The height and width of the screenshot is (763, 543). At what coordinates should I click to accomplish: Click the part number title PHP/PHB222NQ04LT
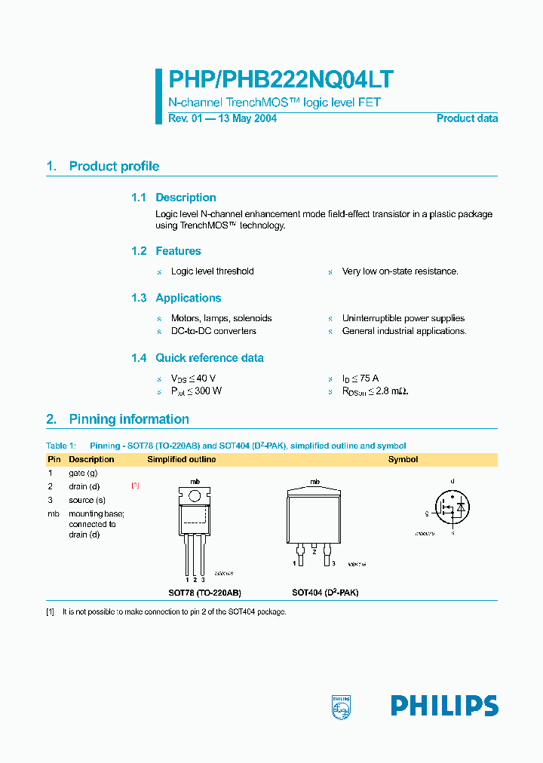[280, 81]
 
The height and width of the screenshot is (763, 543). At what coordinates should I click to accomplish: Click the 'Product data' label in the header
[467, 118]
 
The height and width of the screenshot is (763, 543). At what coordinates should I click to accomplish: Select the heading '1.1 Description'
[173, 198]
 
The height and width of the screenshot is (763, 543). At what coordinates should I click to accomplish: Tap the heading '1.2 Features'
[166, 251]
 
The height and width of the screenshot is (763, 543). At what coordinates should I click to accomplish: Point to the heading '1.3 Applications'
[176, 298]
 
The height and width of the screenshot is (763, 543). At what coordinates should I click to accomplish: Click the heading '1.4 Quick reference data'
[197, 358]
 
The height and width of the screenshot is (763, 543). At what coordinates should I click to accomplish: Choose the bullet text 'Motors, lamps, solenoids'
[221, 318]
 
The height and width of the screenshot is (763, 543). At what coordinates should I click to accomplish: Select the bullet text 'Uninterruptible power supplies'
[403, 318]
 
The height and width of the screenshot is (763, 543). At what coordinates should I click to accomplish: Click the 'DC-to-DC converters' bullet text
[213, 331]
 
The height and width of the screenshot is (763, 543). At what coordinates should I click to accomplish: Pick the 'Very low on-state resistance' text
[400, 271]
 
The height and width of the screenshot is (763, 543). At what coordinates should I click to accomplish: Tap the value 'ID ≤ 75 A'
[360, 378]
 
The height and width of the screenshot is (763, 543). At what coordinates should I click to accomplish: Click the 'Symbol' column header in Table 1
[403, 459]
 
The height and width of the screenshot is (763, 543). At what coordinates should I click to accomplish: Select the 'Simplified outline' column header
[181, 459]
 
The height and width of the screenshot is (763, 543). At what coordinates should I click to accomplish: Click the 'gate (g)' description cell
[83, 473]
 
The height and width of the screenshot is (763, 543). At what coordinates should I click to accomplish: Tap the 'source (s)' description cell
[87, 500]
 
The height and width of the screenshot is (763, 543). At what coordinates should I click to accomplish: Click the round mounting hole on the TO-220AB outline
[195, 496]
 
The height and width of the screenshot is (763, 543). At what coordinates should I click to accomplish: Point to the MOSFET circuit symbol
[451, 507]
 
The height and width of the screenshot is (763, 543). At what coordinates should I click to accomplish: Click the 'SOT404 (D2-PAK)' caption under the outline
[325, 593]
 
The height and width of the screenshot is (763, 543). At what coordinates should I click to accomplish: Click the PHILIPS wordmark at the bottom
[444, 706]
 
